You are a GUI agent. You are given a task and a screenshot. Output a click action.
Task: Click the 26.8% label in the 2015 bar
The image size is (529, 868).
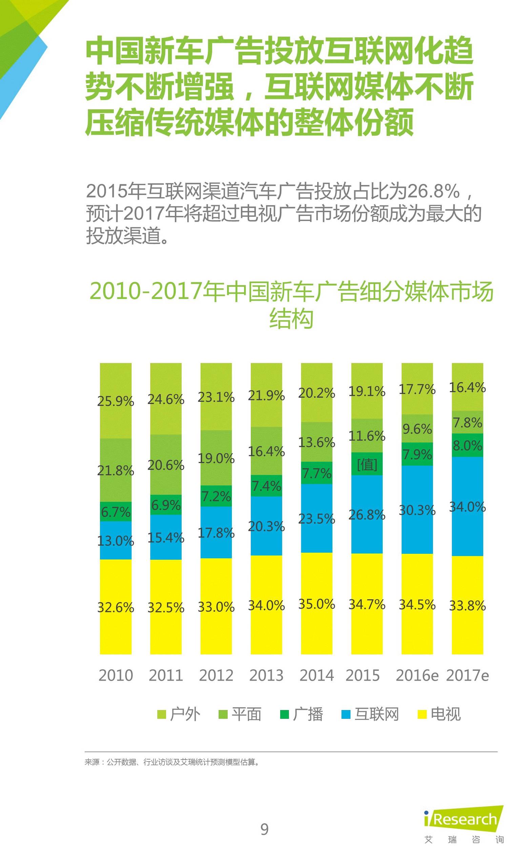pos(367,515)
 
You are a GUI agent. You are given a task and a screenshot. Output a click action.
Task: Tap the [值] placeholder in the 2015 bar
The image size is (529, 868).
pos(367,465)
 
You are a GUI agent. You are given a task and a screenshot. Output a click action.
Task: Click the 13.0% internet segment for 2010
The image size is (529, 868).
pos(116,541)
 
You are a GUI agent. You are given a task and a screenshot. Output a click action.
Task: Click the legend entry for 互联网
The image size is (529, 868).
pos(370,714)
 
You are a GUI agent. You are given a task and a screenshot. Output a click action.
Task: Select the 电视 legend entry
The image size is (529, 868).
pos(439,714)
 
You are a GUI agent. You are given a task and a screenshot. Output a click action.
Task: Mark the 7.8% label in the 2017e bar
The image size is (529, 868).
pos(467,422)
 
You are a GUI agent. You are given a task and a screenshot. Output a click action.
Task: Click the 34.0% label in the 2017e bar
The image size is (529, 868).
pos(467,507)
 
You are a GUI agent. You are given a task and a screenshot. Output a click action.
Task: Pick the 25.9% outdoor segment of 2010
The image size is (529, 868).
pos(116,401)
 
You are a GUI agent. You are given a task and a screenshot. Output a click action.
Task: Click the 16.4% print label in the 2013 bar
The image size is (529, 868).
pos(266,451)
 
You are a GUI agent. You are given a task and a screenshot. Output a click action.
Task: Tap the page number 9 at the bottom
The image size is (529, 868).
pos(264,829)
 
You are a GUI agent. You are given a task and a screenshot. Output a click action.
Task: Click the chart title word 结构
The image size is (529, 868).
pos(291,319)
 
